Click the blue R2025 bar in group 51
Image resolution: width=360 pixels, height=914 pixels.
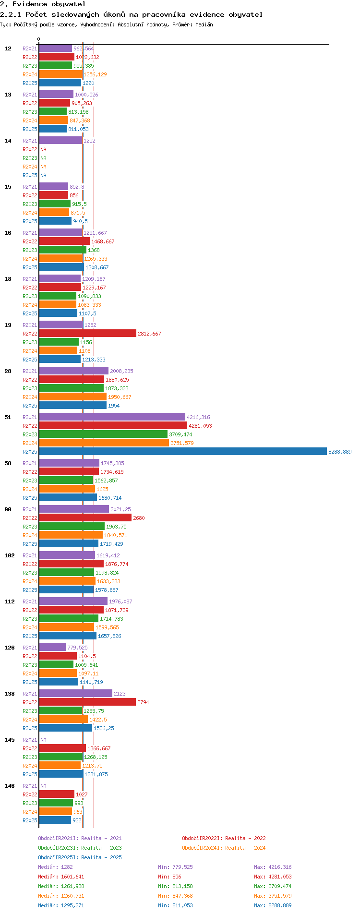pos(182,452)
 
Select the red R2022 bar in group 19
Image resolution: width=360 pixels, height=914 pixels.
pos(87,334)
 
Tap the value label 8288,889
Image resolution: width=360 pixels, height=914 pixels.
pos(340,452)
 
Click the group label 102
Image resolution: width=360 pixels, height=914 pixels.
pos(10,555)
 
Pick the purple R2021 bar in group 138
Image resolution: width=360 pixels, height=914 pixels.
pos(75,694)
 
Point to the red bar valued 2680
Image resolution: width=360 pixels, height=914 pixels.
pos(85,518)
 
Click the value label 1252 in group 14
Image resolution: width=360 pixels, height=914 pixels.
pos(90,141)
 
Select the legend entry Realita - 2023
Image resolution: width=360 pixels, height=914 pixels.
pos(80,848)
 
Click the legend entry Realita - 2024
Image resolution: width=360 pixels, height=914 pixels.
pos(224,848)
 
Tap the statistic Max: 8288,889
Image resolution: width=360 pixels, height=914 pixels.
pos(273,905)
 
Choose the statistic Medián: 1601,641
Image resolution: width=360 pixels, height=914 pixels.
pos(61,877)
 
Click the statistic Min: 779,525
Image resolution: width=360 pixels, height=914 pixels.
pos(175,867)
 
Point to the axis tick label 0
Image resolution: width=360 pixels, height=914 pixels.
pos(39,39)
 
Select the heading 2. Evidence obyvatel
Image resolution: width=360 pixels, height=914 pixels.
pos(43,4)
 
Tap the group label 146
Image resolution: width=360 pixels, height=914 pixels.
pos(10,786)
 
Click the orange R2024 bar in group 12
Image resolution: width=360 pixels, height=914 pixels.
pos(60,74)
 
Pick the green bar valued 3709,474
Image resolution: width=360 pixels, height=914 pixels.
pos(103,434)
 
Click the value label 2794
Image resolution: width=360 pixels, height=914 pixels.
pos(143,702)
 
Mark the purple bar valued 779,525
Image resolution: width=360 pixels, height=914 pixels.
pos(52,648)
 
